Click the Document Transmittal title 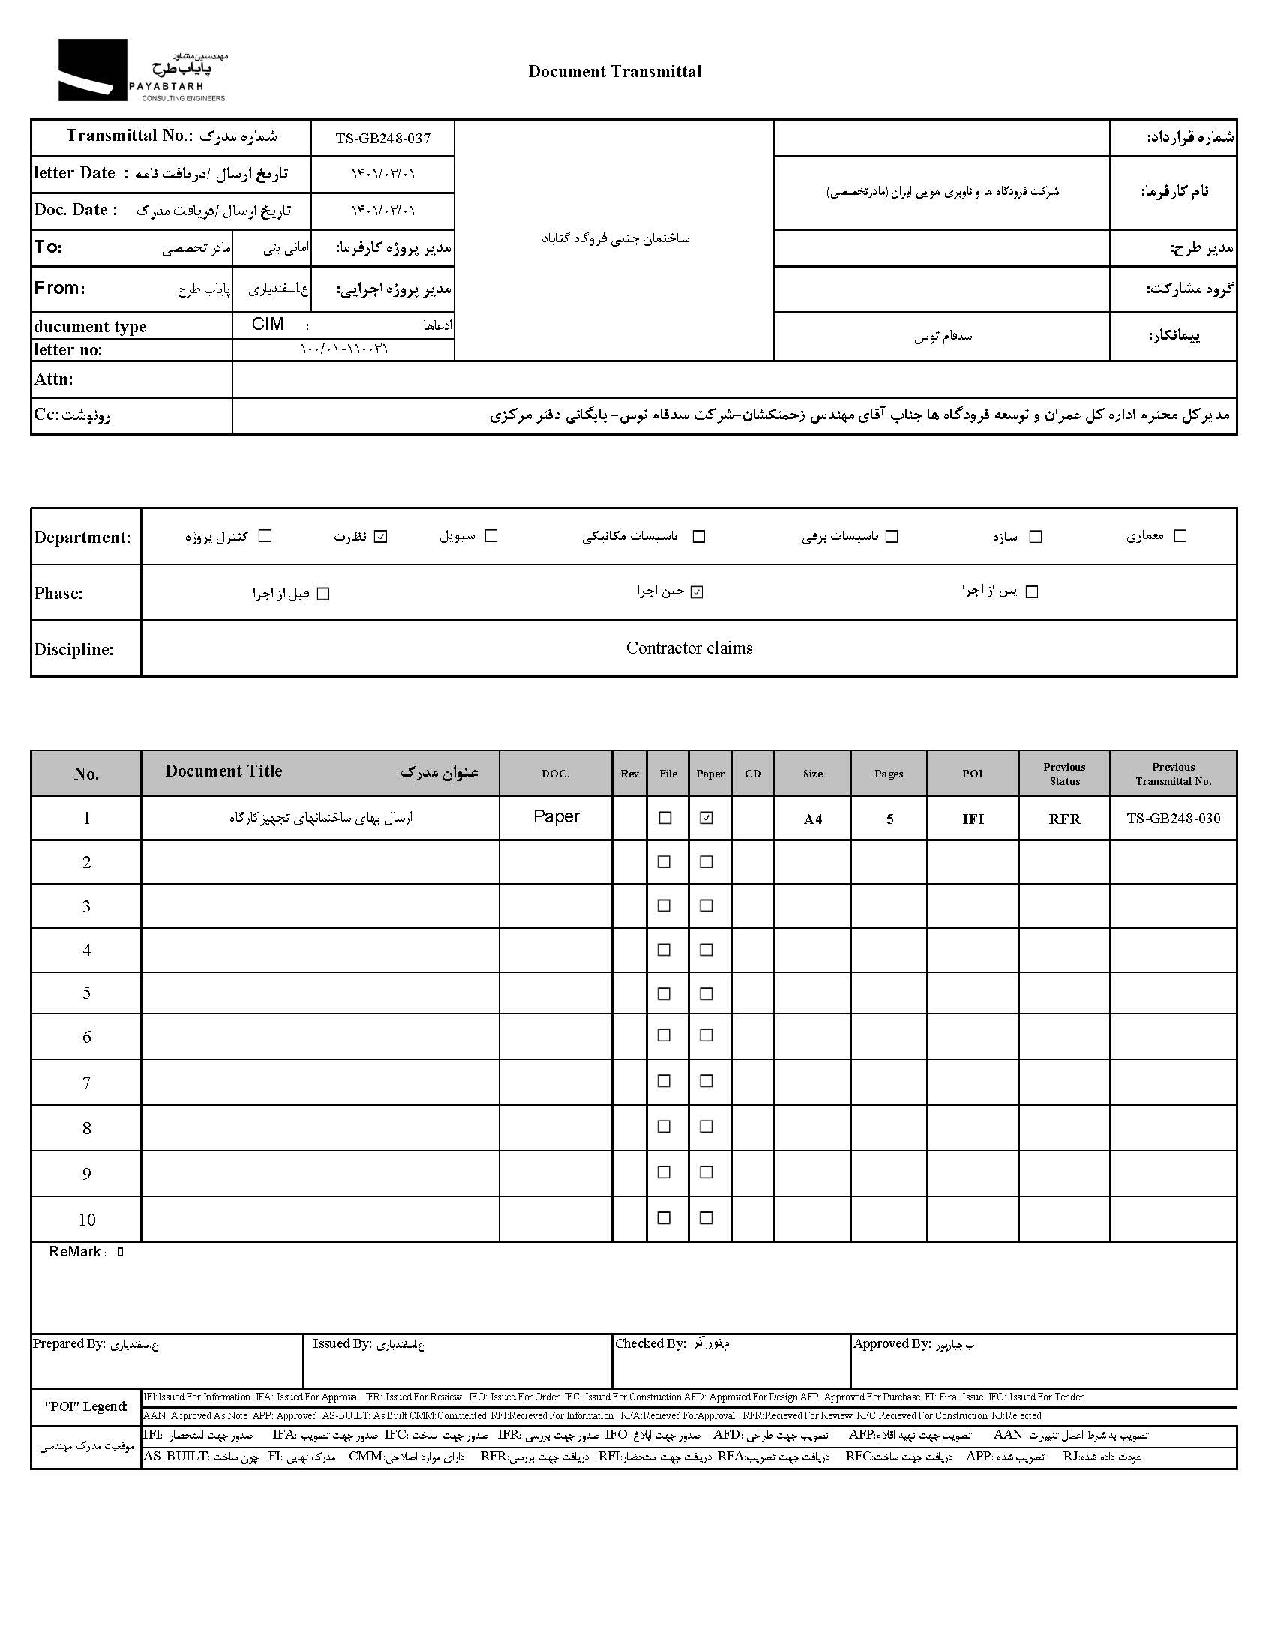[614, 71]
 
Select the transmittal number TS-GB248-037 [382, 138]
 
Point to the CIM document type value [268, 325]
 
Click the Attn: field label [53, 379]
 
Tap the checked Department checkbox [380, 536]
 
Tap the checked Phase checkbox [697, 592]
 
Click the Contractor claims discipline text [688, 648]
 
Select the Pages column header [889, 773]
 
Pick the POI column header [972, 773]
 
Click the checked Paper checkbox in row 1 [706, 817]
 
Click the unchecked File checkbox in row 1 [664, 817]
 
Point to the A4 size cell [813, 819]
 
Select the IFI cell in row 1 [973, 819]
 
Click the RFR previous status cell [1064, 819]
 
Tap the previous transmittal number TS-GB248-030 [1173, 818]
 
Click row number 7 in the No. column [86, 1082]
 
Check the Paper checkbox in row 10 [706, 1218]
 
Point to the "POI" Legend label [85, 1406]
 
